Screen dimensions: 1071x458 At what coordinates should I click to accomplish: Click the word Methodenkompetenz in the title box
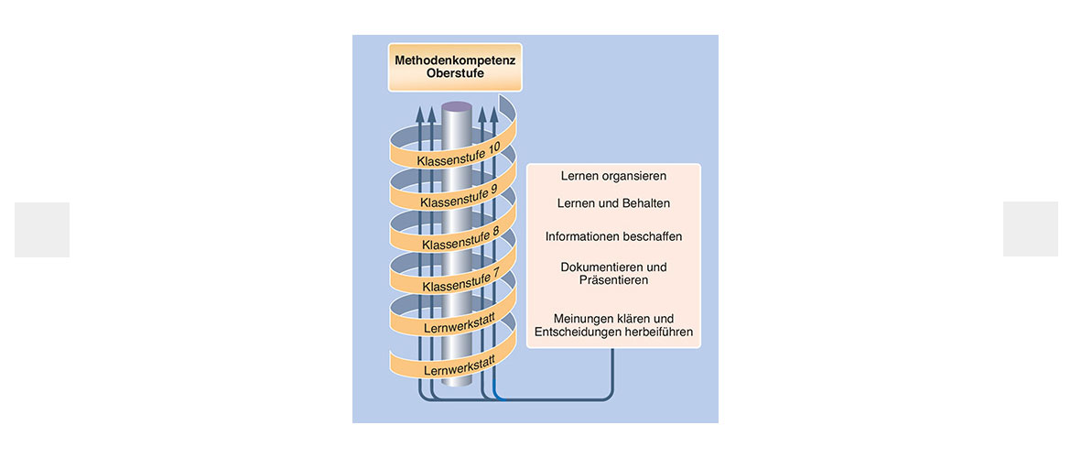click(455, 60)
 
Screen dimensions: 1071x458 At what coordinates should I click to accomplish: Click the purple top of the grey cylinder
click(457, 107)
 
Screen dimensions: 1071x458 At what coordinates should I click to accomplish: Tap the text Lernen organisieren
click(613, 177)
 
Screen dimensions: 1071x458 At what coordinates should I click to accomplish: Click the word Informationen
click(582, 236)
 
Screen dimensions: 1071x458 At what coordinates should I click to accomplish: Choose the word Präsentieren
click(612, 279)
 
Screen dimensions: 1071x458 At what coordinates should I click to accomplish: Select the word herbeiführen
click(660, 333)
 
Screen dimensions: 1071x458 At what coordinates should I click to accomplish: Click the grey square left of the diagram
click(42, 230)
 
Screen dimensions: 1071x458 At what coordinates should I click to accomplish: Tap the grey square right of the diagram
click(1030, 229)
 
